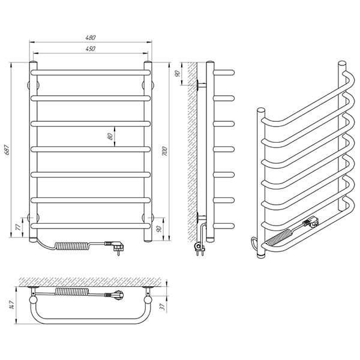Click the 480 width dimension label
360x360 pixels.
click(x=90, y=38)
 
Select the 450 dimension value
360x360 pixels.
click(x=91, y=49)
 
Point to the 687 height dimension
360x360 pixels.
click(x=7, y=149)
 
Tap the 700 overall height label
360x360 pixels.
click(x=164, y=151)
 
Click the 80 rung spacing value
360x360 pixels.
click(x=110, y=136)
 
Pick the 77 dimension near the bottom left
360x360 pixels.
click(x=18, y=227)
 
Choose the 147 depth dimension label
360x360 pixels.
click(x=12, y=304)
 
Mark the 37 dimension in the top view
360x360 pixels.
click(x=163, y=307)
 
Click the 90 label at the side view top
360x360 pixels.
click(x=177, y=74)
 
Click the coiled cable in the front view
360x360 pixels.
click(x=73, y=245)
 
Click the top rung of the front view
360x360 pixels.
click(x=91, y=73)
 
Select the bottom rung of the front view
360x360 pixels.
click(x=91, y=226)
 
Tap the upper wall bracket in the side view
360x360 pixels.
click(x=202, y=85)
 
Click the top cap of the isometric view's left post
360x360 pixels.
click(x=261, y=110)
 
